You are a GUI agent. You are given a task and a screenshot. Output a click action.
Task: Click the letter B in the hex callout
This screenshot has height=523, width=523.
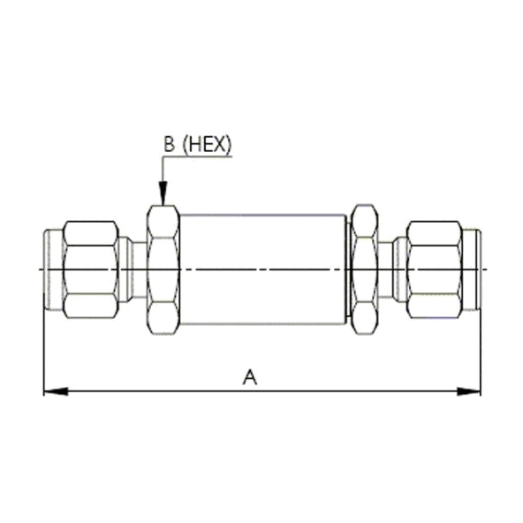169,145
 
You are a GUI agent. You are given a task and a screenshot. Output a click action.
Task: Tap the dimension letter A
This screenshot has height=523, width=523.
250,377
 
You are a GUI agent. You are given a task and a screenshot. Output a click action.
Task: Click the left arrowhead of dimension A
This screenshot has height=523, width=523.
56,391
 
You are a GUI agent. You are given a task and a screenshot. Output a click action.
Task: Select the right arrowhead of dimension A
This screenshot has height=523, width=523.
469,391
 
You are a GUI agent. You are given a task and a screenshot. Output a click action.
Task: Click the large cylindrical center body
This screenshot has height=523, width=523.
263,269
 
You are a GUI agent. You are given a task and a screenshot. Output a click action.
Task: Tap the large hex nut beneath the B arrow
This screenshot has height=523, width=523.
163,269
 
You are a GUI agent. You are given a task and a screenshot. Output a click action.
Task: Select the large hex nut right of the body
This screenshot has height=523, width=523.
365,269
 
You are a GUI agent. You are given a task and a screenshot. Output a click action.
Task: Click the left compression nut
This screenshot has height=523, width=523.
91,269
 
